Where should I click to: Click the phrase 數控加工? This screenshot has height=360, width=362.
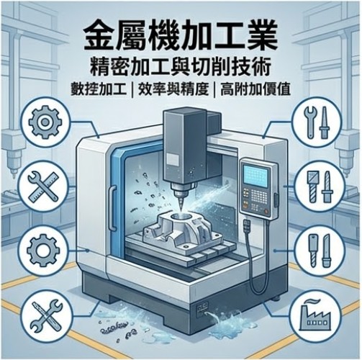(x=99, y=90)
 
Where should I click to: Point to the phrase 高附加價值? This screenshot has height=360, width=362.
(x=255, y=90)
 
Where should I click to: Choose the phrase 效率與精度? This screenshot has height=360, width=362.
(x=173, y=90)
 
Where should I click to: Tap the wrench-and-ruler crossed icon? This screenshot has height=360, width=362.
(x=43, y=186)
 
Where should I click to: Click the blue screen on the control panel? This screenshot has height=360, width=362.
(x=255, y=177)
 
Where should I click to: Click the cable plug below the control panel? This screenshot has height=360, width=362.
(x=247, y=226)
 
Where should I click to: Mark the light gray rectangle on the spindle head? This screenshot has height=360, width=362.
(x=172, y=159)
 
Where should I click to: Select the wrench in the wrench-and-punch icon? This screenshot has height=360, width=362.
(x=309, y=122)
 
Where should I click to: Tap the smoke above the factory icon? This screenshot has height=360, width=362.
(x=312, y=302)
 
